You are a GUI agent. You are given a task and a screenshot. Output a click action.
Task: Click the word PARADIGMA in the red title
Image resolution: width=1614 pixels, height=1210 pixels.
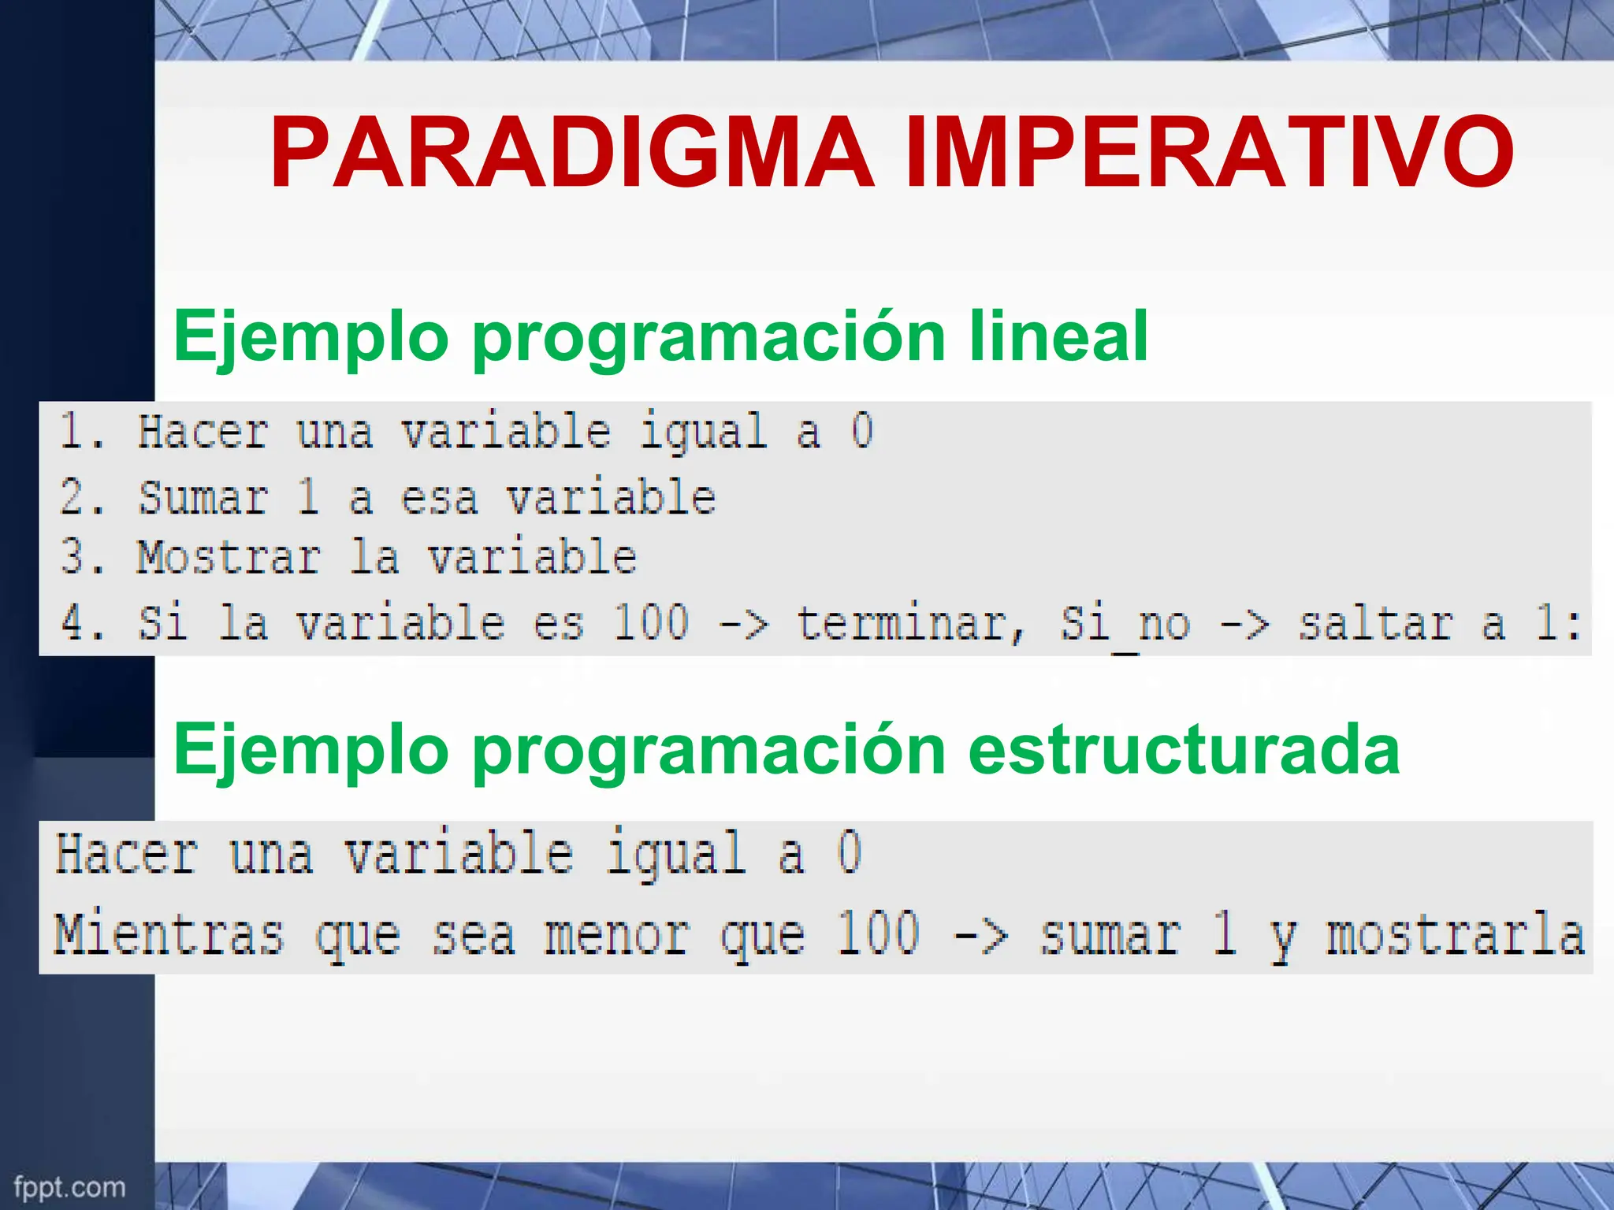pyautogui.click(x=571, y=153)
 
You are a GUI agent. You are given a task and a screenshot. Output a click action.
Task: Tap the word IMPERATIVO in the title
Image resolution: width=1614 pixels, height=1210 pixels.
pyautogui.click(x=1209, y=153)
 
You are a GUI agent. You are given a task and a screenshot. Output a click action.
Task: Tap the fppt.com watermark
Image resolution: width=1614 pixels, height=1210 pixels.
pyautogui.click(x=69, y=1186)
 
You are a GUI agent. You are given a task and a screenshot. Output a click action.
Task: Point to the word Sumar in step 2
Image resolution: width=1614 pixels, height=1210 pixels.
pyautogui.click(x=203, y=498)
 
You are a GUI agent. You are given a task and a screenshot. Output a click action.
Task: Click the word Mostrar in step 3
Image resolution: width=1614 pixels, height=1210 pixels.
pyautogui.click(x=229, y=558)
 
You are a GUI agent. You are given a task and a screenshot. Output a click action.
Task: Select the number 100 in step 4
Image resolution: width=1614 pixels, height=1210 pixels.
pyautogui.click(x=651, y=622)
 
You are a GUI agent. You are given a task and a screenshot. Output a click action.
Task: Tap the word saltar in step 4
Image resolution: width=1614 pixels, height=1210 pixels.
pyautogui.click(x=1375, y=624)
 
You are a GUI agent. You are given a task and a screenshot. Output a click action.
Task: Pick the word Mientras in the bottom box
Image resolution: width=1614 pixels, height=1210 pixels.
pyautogui.click(x=168, y=934)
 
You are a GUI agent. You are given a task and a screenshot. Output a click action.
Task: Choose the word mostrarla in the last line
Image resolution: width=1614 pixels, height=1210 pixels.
pyautogui.click(x=1455, y=934)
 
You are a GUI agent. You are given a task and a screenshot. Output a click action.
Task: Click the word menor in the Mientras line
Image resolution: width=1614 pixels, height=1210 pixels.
pyautogui.click(x=617, y=936)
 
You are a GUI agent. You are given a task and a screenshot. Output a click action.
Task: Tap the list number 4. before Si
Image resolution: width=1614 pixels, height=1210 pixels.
pyautogui.click(x=83, y=622)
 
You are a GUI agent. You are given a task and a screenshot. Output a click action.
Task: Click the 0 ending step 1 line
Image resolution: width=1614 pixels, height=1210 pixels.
pyautogui.click(x=862, y=431)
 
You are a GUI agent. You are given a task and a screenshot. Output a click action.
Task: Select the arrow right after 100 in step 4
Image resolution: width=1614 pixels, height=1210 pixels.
pyautogui.click(x=743, y=624)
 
